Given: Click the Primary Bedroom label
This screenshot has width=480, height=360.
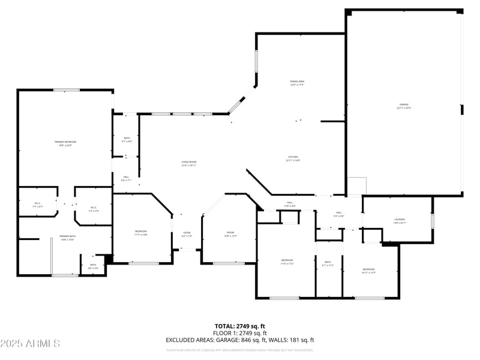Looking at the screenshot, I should click(x=67, y=142).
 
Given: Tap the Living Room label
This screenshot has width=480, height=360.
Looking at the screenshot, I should click(x=189, y=162).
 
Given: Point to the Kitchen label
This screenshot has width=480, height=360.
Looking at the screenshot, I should click(x=292, y=157).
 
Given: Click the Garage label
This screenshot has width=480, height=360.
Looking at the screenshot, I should click(x=404, y=105).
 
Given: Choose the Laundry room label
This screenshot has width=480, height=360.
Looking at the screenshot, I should click(x=400, y=220).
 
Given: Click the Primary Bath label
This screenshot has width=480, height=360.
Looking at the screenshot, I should click(x=67, y=236).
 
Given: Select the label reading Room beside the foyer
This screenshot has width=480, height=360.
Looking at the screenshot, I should click(x=230, y=233).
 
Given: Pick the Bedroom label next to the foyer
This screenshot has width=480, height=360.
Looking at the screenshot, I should click(x=140, y=232).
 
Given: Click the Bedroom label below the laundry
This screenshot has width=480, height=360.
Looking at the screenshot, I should click(x=368, y=269).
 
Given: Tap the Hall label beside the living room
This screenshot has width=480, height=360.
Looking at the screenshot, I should click(x=126, y=177).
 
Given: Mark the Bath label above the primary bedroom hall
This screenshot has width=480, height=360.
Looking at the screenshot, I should click(x=127, y=139).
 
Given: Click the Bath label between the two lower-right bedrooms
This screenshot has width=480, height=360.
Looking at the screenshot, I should click(x=328, y=262).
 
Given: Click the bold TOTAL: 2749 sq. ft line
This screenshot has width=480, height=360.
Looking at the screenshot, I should click(x=240, y=326).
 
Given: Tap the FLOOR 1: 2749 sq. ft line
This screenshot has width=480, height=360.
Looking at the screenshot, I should click(x=240, y=333).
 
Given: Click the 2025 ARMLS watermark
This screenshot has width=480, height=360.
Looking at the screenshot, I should click(x=30, y=344).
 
